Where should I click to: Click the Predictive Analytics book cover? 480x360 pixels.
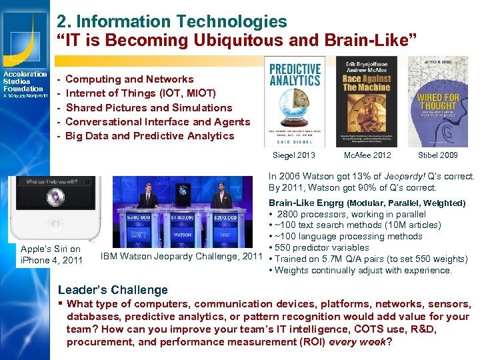tap(294, 101)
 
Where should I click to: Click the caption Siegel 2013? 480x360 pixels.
tap(294, 155)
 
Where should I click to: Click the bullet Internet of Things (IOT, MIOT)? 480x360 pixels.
tap(141, 93)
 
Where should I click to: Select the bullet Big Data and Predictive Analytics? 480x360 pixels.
tap(150, 136)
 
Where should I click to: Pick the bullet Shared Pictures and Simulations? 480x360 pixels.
tap(149, 107)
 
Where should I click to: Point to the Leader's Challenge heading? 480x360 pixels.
tap(113, 290)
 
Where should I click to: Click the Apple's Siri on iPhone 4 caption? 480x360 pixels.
tap(51, 255)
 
